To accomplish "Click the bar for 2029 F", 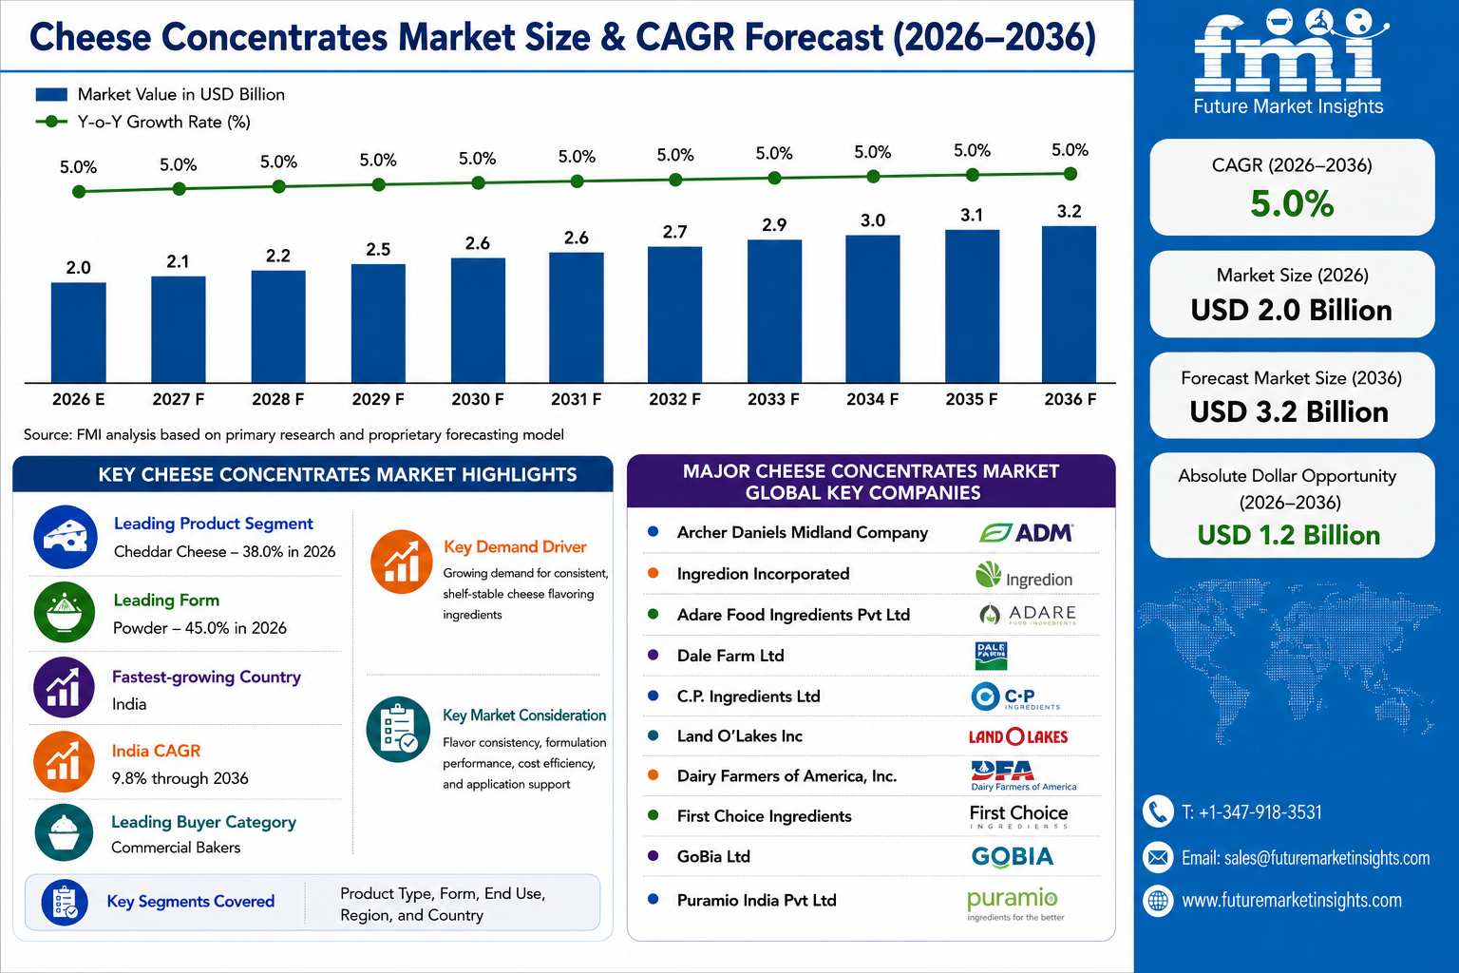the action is (378, 323).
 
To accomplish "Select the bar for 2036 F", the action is (1069, 304).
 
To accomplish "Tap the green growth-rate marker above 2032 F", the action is (675, 180).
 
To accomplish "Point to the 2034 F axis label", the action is (872, 399).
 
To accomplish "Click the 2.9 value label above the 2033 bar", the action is (774, 225).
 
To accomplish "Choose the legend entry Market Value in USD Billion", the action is (161, 94).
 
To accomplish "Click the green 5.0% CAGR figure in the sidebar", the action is (1292, 203).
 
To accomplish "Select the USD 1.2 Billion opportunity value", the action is (1288, 535).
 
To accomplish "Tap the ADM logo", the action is (1026, 532).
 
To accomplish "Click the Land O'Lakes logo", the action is (1018, 736).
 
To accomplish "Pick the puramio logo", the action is (1014, 904).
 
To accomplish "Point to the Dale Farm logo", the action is (992, 656).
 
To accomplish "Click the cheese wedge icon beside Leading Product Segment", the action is (66, 537).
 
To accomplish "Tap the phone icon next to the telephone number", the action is (1158, 812).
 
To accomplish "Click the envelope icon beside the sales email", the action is (1158, 857).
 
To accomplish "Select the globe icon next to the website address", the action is (1158, 901).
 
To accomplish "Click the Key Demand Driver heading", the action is (515, 546).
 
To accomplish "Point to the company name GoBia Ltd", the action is (713, 856).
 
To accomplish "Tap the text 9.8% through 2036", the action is (180, 778).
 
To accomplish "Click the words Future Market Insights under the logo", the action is (1288, 106).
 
